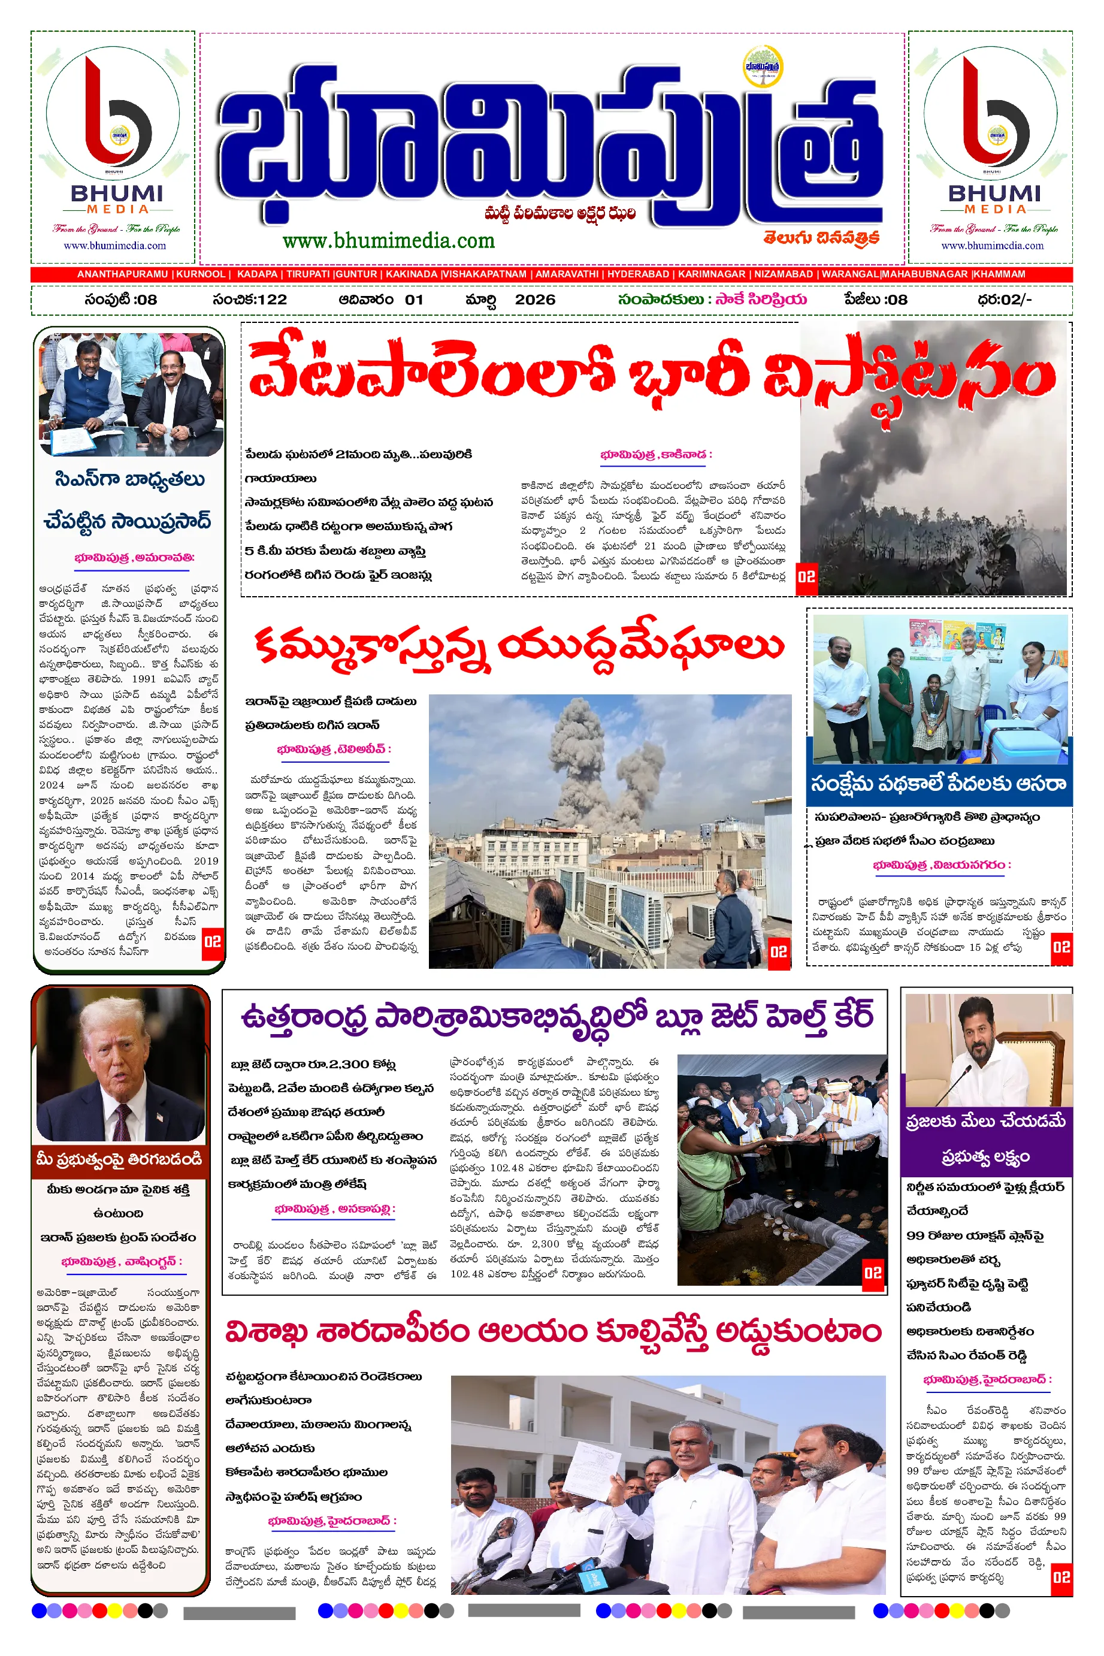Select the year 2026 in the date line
534,299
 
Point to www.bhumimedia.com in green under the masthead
389,241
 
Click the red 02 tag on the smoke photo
806,576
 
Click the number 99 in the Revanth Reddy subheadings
915,1235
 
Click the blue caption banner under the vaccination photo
939,784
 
